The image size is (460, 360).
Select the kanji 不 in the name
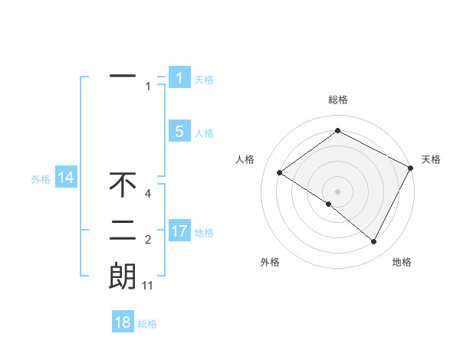[123, 185]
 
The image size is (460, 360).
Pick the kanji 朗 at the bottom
[123, 276]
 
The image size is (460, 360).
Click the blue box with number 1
[179, 77]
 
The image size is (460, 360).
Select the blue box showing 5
[179, 131]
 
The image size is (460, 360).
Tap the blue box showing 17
[179, 231]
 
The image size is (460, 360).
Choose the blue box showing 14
[65, 178]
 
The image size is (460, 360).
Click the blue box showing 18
[123, 322]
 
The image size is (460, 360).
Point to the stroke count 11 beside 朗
[148, 286]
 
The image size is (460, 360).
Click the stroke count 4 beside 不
[148, 194]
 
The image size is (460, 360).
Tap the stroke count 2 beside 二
[148, 241]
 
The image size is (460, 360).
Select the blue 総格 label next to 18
[147, 324]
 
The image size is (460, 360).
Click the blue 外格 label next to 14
[41, 179]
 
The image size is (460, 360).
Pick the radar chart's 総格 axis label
[338, 100]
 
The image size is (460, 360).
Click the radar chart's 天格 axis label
[431, 159]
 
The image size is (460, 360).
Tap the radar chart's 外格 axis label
[270, 262]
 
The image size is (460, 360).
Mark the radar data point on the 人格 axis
[280, 172]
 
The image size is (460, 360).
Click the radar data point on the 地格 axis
[374, 242]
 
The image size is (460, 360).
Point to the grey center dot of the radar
[337, 191]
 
